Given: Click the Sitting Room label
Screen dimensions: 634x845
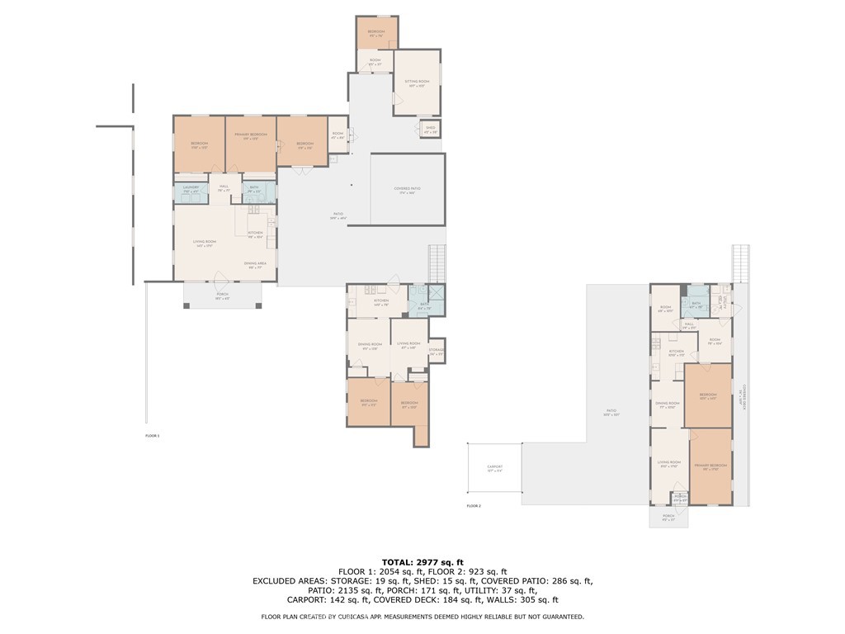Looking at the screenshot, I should click(417, 83).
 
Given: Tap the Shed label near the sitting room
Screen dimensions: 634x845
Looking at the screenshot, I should click(430, 129).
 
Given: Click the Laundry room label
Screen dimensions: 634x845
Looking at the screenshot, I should click(191, 189).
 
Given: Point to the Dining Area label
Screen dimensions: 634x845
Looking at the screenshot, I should click(254, 265).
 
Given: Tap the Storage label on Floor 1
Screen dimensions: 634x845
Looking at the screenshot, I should click(437, 351).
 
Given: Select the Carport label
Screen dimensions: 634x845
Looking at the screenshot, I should click(493, 468).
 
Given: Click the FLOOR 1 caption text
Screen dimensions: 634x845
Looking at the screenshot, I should click(152, 435).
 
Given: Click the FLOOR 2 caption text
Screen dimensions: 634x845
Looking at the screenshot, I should click(473, 505).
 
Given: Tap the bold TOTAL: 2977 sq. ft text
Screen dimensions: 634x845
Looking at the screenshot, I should click(422, 562).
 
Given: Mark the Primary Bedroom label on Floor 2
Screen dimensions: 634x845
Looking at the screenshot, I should click(710, 466).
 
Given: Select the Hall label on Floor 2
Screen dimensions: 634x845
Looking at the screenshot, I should click(689, 325).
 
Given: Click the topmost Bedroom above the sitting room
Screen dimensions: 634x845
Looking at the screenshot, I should click(376, 33).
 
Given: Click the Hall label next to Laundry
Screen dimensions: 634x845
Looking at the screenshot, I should click(224, 188).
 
